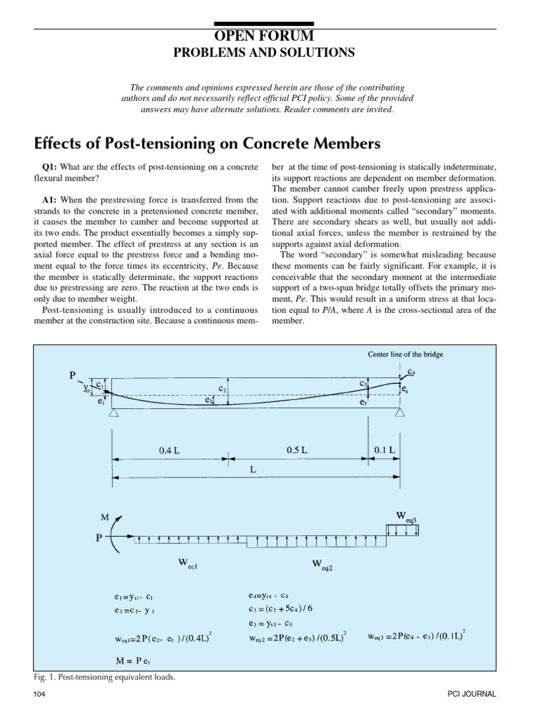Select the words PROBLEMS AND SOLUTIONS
pyautogui.click(x=269, y=53)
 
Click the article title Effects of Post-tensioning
pyautogui.click(x=207, y=144)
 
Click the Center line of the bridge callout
pyautogui.click(x=406, y=354)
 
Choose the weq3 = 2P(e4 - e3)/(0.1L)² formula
pyautogui.click(x=417, y=636)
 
